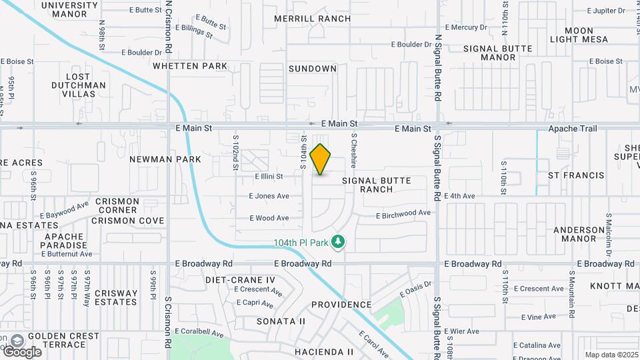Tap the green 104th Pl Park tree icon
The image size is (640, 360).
(339, 241)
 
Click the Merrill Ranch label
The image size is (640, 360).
(313, 19)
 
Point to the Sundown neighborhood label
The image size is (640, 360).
(313, 69)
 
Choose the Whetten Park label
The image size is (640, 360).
(190, 66)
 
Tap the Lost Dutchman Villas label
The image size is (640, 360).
(79, 85)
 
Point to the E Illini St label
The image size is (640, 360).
(269, 177)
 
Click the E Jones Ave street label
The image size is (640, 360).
(269, 196)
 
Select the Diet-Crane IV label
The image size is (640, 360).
(240, 280)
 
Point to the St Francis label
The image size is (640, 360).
(576, 175)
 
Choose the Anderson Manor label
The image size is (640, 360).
(579, 234)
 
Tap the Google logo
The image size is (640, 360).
(22, 351)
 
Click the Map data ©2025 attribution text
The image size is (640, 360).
(611, 355)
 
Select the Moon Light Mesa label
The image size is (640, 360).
(579, 35)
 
